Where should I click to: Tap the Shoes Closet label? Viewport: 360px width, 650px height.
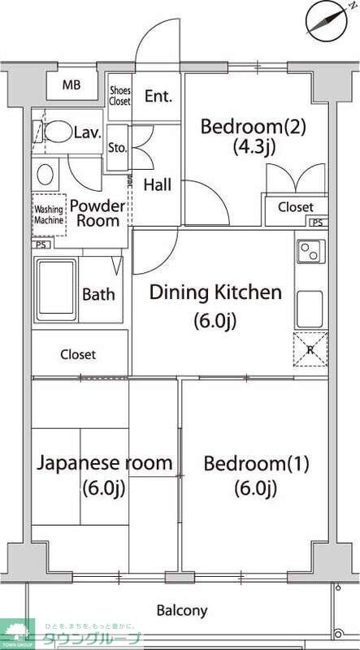(x=119, y=96)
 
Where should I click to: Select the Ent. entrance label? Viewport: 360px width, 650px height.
(x=158, y=97)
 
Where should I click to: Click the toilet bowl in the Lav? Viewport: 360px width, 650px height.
(x=58, y=132)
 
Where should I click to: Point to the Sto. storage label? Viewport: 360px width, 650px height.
(x=116, y=147)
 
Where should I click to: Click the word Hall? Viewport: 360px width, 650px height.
(x=157, y=185)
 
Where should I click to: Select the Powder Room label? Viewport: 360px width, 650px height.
(x=98, y=213)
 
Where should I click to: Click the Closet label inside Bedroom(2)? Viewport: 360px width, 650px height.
(x=295, y=207)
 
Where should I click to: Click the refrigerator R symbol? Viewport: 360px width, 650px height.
(x=310, y=349)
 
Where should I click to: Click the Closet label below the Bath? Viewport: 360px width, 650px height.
(x=78, y=354)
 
